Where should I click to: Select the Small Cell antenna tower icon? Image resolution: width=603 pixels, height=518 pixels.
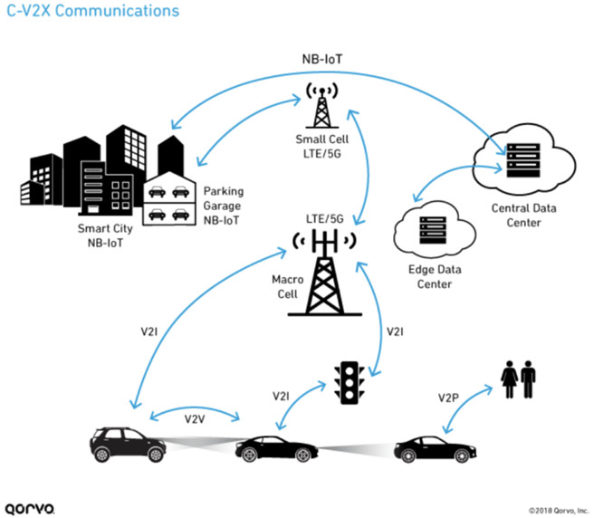[321, 107]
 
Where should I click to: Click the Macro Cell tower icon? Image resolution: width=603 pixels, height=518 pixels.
[321, 272]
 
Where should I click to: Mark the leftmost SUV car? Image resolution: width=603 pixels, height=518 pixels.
[126, 444]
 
